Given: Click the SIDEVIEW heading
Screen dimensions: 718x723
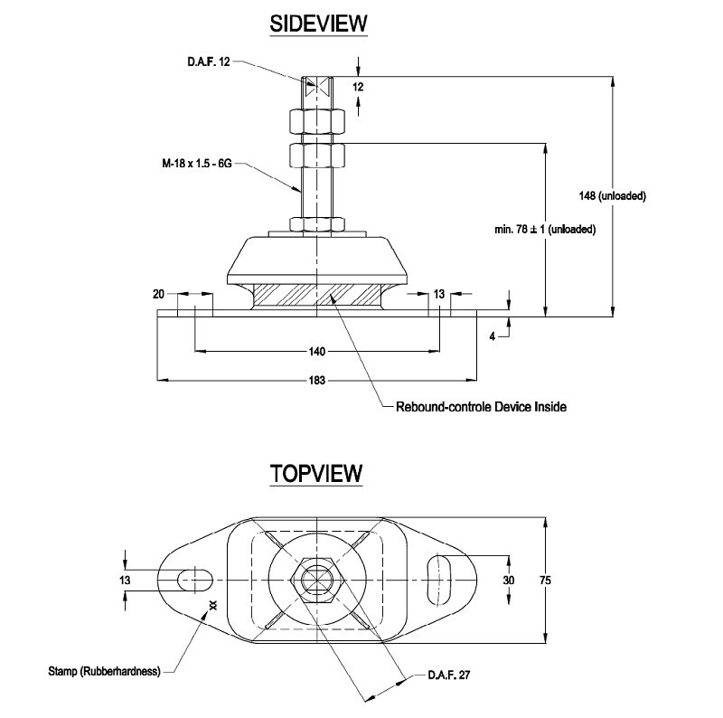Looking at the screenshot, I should pyautogui.click(x=319, y=24).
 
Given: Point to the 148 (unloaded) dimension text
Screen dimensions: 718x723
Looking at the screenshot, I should pyautogui.click(x=612, y=195).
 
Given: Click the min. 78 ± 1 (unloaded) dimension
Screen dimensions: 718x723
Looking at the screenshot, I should pyautogui.click(x=544, y=230).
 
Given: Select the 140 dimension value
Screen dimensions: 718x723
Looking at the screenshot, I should pyautogui.click(x=317, y=351).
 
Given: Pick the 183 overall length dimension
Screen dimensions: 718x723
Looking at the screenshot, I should pyautogui.click(x=317, y=380).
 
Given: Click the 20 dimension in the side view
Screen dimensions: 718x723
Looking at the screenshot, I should pyautogui.click(x=160, y=293).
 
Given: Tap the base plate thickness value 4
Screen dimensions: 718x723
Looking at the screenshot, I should pyautogui.click(x=492, y=335).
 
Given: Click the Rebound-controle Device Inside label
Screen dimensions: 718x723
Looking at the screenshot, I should pyautogui.click(x=481, y=407).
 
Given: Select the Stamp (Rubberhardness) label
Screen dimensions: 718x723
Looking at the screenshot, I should pyautogui.click(x=104, y=671).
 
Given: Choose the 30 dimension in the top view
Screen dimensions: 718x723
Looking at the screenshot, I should pyautogui.click(x=509, y=580).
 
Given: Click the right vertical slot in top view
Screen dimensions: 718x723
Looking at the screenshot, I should pyautogui.click(x=439, y=577).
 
